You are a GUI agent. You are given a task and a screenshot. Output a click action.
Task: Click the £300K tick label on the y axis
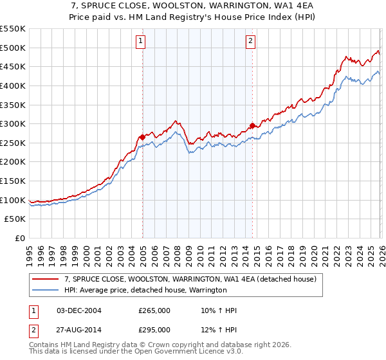(x=13, y=123)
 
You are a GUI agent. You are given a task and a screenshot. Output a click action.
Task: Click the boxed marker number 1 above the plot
(x=140, y=42)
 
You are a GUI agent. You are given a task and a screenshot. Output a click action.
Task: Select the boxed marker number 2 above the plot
(x=250, y=42)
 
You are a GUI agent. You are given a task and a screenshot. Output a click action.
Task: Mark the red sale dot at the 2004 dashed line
(x=142, y=137)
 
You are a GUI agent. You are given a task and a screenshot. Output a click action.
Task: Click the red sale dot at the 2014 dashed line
(x=252, y=125)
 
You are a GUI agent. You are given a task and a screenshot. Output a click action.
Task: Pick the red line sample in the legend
(x=45, y=280)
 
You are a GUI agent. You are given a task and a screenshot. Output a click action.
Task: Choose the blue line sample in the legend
(x=45, y=290)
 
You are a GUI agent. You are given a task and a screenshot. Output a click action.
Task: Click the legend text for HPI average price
(x=145, y=290)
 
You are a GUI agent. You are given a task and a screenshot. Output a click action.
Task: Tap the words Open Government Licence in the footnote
(x=173, y=353)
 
